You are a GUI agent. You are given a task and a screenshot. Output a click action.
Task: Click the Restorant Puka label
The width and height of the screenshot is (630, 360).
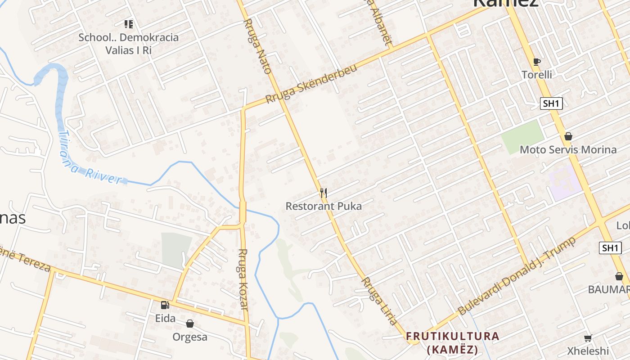(324, 207)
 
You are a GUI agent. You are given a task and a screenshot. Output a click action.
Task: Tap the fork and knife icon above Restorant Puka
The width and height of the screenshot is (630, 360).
(323, 193)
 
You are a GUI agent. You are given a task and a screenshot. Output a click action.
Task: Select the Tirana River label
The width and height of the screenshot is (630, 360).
(90, 158)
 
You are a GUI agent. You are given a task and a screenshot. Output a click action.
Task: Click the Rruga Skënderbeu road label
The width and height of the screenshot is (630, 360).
(311, 84)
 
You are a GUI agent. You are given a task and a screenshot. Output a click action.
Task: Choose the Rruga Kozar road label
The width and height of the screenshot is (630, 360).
(243, 279)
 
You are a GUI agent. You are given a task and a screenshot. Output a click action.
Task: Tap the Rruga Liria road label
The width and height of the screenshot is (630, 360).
(380, 300)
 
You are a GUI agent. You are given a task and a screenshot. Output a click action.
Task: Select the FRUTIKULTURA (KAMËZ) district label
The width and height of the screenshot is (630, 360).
(453, 342)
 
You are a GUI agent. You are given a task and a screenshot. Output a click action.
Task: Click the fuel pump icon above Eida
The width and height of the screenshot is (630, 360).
(165, 305)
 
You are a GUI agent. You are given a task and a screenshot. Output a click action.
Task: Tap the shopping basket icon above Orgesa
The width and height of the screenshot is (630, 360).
(190, 324)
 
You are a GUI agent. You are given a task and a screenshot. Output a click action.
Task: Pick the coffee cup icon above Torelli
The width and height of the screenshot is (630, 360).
(536, 62)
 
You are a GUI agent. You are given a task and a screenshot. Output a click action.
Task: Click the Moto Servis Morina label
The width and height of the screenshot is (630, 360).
(568, 149)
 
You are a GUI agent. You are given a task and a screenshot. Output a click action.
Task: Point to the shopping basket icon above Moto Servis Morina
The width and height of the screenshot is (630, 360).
(568, 136)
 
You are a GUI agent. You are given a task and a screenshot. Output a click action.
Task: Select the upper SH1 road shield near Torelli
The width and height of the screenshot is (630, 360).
(551, 103)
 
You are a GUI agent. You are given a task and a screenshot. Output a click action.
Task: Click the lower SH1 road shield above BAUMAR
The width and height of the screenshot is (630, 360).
(611, 247)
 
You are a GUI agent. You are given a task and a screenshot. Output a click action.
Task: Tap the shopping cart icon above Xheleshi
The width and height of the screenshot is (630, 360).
(588, 338)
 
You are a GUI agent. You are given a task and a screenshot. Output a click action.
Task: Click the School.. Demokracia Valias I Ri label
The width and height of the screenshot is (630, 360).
(129, 44)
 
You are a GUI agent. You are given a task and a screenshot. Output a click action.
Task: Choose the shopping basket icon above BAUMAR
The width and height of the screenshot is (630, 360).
(619, 276)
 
